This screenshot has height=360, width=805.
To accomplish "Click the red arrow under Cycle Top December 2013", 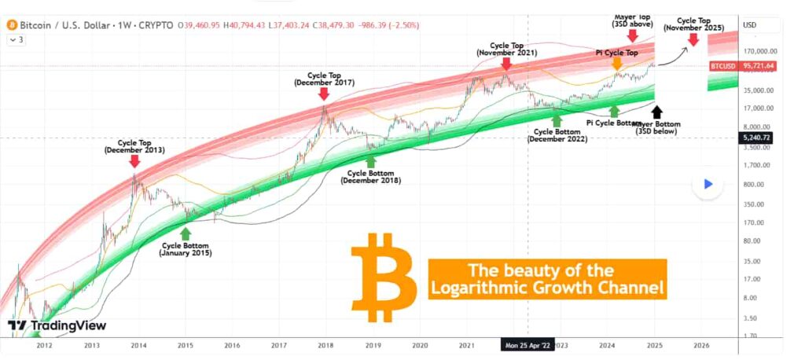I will pos(134,160).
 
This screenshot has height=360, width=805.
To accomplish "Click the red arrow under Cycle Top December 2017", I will pos(324,94).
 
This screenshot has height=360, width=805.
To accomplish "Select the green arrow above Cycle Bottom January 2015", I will pos(186,233).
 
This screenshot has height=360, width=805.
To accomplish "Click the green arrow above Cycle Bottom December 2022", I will pos(557,119).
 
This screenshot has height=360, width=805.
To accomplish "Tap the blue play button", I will pos(708,184).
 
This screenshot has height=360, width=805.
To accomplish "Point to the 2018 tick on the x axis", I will pos(325,344).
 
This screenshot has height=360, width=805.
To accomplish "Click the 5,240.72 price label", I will pos(757,138).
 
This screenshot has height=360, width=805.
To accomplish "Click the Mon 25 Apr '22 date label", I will pos(528,344).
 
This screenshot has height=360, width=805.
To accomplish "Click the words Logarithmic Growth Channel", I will pos(547,288).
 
